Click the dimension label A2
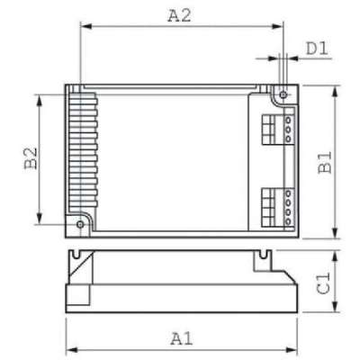180,14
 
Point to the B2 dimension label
29,158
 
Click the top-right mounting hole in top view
282,93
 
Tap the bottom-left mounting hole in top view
79,223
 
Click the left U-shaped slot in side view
82,257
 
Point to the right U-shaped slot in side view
267,257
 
